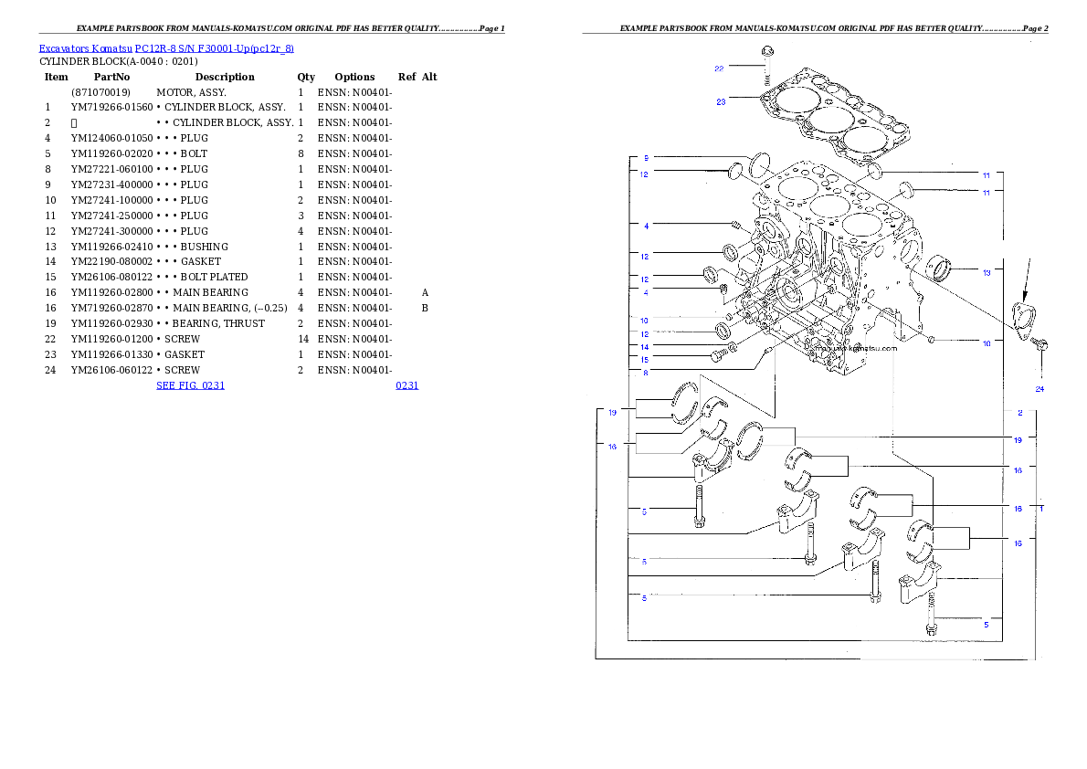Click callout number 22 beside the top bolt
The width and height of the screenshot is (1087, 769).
click(719, 68)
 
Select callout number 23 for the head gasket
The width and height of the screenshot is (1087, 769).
click(721, 102)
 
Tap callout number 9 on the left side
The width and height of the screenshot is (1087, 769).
click(645, 158)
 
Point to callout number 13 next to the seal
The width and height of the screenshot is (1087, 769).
click(987, 272)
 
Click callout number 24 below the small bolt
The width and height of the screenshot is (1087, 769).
click(1040, 389)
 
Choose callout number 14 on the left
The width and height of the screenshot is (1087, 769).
click(644, 348)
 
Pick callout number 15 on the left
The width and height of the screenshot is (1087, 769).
click(644, 360)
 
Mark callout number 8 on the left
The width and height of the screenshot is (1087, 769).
click(645, 372)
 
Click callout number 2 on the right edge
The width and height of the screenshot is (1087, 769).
click(1020, 413)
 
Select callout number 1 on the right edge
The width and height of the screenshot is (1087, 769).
click(1041, 507)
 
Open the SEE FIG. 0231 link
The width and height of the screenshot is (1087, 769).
click(190, 385)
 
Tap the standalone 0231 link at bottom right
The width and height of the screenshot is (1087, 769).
click(406, 385)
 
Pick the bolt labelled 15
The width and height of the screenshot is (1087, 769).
click(719, 355)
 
